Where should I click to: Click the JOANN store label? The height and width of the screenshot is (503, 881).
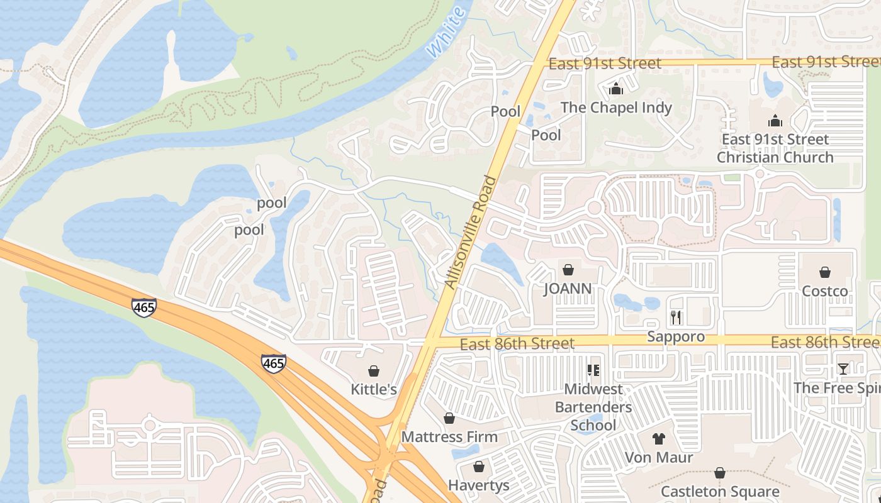click(568, 289)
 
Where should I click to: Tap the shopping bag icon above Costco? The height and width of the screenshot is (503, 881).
click(824, 272)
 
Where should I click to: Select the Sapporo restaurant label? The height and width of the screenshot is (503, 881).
click(676, 336)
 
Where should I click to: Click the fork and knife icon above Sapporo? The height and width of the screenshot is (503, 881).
click(676, 317)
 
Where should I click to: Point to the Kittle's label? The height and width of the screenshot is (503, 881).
click(374, 389)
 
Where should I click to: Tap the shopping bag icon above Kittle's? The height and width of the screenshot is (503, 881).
click(374, 371)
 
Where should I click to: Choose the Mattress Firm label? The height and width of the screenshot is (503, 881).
click(449, 436)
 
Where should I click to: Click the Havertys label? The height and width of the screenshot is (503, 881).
click(478, 485)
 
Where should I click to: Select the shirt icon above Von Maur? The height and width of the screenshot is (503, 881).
click(659, 439)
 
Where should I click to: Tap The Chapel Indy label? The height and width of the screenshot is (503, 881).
click(616, 108)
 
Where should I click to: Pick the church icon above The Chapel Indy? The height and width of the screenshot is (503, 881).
click(616, 89)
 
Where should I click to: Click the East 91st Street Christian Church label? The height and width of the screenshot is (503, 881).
click(775, 148)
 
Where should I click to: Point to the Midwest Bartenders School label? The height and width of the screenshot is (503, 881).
click(593, 407)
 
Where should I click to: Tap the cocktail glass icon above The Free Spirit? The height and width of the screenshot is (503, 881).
click(843, 369)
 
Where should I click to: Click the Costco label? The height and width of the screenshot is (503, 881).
click(824, 291)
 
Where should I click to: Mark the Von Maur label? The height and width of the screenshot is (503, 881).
click(659, 457)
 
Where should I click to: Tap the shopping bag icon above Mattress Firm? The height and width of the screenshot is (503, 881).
click(449, 418)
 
